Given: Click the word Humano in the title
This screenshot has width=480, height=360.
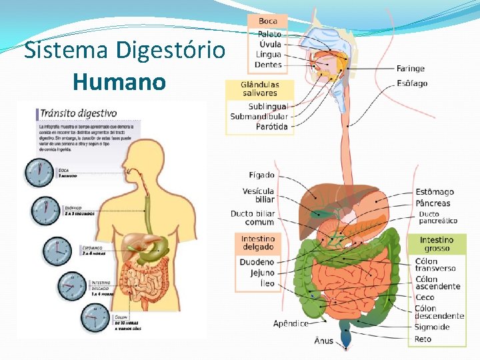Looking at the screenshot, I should (x=120, y=82).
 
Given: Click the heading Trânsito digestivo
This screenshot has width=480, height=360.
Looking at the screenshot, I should (x=79, y=113).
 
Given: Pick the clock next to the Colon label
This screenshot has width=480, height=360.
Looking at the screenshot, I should (x=94, y=317).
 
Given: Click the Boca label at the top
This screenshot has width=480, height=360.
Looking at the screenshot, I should (x=268, y=21).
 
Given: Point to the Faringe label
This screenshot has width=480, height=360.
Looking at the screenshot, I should (x=410, y=69).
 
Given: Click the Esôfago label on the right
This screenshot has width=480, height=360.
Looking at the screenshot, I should (x=412, y=84).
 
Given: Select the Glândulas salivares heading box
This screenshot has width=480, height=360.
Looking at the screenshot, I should (x=259, y=89).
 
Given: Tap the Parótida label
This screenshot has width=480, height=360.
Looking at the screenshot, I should (x=272, y=127).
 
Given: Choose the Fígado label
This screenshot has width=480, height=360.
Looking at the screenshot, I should (x=261, y=175).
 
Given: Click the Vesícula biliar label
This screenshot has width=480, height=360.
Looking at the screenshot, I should (x=259, y=195).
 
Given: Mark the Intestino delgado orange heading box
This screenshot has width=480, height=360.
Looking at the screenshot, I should (x=257, y=243).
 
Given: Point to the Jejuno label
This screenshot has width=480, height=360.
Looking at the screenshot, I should (x=262, y=273).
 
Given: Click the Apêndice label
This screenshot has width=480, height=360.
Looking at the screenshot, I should (x=291, y=324).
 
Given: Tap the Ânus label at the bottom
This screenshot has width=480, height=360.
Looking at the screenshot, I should (x=324, y=341).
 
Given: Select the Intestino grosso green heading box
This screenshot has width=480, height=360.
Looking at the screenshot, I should (x=437, y=244).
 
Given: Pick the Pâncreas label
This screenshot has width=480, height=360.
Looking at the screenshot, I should (x=433, y=203).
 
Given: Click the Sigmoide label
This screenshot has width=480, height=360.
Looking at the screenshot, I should (x=432, y=327).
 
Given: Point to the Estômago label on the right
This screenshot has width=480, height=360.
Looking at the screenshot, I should (x=435, y=193).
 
